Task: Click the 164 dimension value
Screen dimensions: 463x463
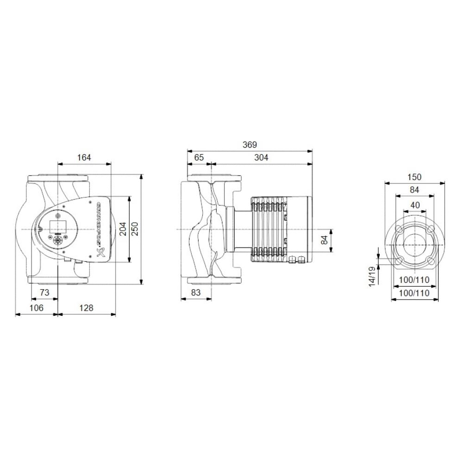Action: tap(84, 157)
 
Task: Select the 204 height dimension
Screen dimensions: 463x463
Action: tap(123, 229)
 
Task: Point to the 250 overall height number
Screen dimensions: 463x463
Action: tap(134, 229)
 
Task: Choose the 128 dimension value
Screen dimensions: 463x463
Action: tap(86, 308)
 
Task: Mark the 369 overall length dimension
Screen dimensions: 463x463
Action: tap(250, 145)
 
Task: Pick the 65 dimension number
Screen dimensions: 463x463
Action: tap(199, 157)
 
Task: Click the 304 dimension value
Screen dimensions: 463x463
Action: tap(262, 157)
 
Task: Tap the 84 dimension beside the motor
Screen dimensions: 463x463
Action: tap(324, 240)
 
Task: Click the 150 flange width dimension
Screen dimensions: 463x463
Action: tap(414, 177)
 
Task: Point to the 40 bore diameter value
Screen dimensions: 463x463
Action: tap(414, 205)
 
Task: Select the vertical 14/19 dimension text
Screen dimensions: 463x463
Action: tap(372, 276)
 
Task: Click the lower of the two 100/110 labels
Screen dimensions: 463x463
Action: tap(414, 293)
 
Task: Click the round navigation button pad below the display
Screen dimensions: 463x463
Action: tap(58, 240)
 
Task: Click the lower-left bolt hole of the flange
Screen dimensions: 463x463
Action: tap(398, 262)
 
